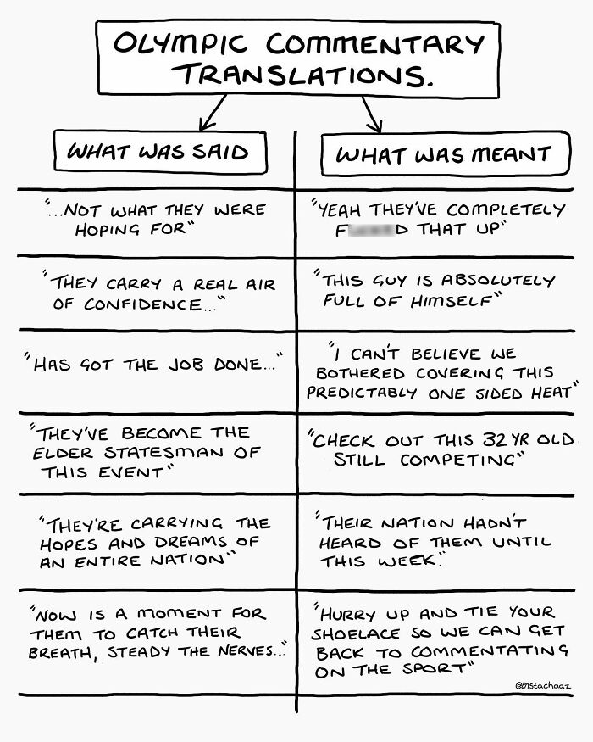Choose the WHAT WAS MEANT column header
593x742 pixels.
(443, 154)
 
